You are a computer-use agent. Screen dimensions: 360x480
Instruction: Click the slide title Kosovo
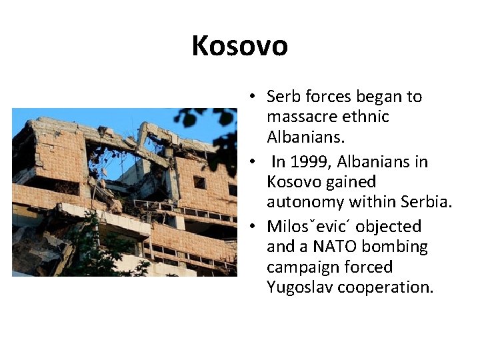(x=239, y=46)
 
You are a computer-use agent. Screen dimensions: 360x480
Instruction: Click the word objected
(x=389, y=227)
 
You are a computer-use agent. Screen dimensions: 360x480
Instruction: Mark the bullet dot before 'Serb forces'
(x=255, y=97)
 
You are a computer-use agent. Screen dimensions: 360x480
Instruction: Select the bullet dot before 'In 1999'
(x=255, y=163)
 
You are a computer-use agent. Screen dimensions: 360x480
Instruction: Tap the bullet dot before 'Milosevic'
(x=255, y=227)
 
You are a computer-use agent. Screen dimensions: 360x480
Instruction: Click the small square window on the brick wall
(x=199, y=183)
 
